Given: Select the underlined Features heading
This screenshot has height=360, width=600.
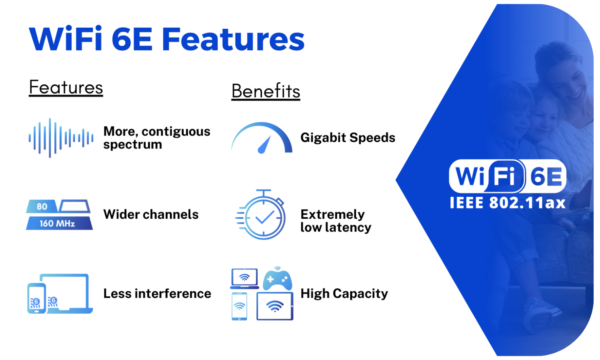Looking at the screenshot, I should (x=66, y=87).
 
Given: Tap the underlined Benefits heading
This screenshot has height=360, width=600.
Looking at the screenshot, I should (x=266, y=92).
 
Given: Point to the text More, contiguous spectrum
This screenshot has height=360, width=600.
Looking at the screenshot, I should (x=146, y=138).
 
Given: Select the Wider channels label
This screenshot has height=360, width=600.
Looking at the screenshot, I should (x=151, y=214).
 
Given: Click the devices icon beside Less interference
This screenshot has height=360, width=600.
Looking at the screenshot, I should (x=59, y=294).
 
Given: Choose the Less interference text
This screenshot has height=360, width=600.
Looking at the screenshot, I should (x=157, y=293).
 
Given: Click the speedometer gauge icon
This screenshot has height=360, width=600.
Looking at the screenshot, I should (x=262, y=138).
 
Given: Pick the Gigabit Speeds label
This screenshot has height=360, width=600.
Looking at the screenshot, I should (x=347, y=137).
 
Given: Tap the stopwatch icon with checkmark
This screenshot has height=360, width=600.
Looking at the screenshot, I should (x=261, y=215).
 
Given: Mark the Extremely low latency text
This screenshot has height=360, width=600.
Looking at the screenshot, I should (x=336, y=221).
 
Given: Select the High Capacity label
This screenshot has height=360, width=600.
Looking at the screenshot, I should (x=344, y=294).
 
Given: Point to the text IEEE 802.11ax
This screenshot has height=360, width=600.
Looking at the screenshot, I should (x=508, y=204).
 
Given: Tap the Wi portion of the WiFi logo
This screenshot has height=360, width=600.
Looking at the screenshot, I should (x=471, y=178).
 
